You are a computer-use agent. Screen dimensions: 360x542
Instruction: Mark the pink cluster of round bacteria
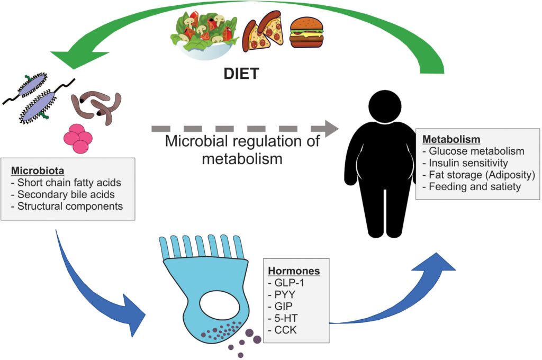78,138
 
